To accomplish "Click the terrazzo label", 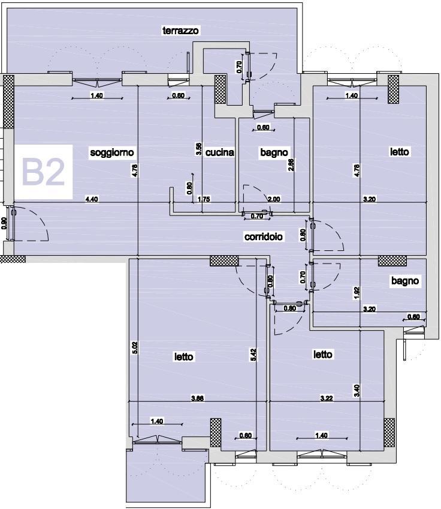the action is tap(180, 31).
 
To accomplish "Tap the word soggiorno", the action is tap(112, 152).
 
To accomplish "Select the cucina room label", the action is tap(220, 152).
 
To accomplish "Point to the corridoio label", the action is tap(264, 236).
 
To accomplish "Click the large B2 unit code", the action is tap(43, 172).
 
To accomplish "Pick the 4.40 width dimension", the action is tap(92, 199).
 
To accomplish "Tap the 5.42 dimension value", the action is tap(253, 355).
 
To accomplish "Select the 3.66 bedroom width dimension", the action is tap(197, 398).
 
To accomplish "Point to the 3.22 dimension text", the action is tap(327, 398).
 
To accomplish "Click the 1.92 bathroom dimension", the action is tap(357, 293).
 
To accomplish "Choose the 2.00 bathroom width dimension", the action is tap(274, 199).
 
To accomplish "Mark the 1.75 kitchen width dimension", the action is tap(204, 199).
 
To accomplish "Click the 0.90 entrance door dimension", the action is tap(4, 223).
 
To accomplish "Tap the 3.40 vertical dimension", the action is tap(357, 391).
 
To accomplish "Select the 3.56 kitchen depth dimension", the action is tap(199, 149).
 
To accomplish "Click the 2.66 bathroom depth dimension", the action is tap(291, 164).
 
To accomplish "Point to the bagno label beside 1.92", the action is tap(405, 281).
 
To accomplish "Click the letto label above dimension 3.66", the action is tap(184, 357).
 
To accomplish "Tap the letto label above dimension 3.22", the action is tap(323, 354).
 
